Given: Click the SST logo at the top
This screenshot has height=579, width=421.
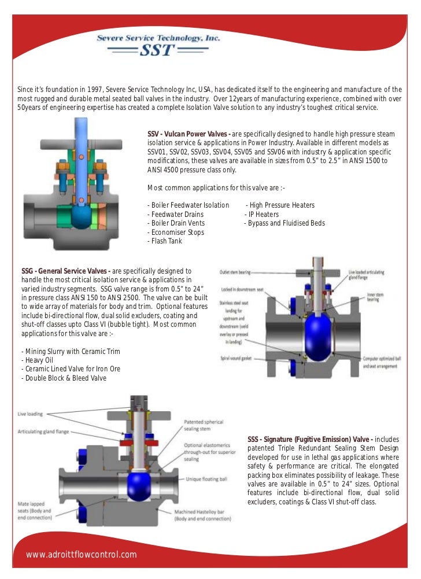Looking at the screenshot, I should click(158, 45).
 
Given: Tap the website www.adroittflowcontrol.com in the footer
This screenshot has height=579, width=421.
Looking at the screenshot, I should click(82, 555).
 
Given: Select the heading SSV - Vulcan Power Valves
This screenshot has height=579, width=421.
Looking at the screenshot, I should click(189, 134).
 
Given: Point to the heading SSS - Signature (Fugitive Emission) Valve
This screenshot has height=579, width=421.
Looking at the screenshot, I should click(310, 440).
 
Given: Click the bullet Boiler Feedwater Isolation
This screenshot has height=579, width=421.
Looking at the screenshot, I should click(189, 205).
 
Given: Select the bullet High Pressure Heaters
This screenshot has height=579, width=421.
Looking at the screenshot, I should click(280, 205).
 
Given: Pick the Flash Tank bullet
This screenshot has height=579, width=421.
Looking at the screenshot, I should click(165, 241).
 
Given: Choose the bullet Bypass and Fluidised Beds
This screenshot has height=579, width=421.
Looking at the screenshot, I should click(285, 223).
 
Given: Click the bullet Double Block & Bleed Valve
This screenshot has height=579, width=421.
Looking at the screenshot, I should click(64, 378).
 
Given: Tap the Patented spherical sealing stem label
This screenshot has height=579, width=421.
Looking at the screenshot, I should click(203, 425).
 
